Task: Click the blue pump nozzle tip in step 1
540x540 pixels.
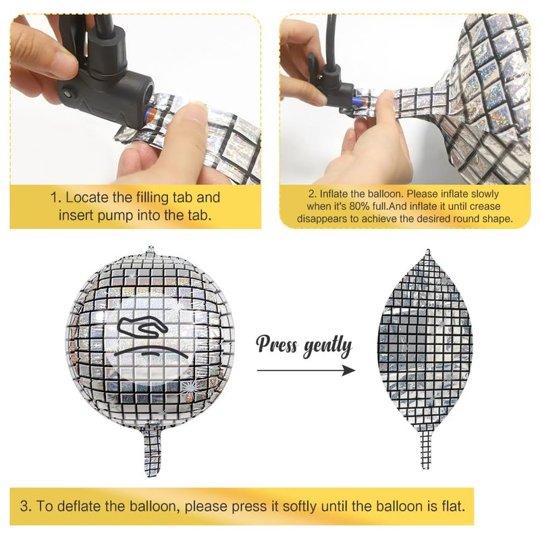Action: (x=150, y=113)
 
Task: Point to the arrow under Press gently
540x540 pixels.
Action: (x=306, y=370)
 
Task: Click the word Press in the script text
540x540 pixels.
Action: (x=277, y=344)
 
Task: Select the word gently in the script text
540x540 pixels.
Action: (x=328, y=347)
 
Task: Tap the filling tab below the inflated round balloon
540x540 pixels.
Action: (x=153, y=451)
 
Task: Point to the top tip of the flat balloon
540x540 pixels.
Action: (x=428, y=250)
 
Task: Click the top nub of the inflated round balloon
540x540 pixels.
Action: (x=151, y=249)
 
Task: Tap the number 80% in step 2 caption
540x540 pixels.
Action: (x=360, y=207)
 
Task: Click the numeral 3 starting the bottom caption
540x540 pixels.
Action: (x=24, y=507)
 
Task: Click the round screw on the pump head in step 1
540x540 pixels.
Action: (x=67, y=93)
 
